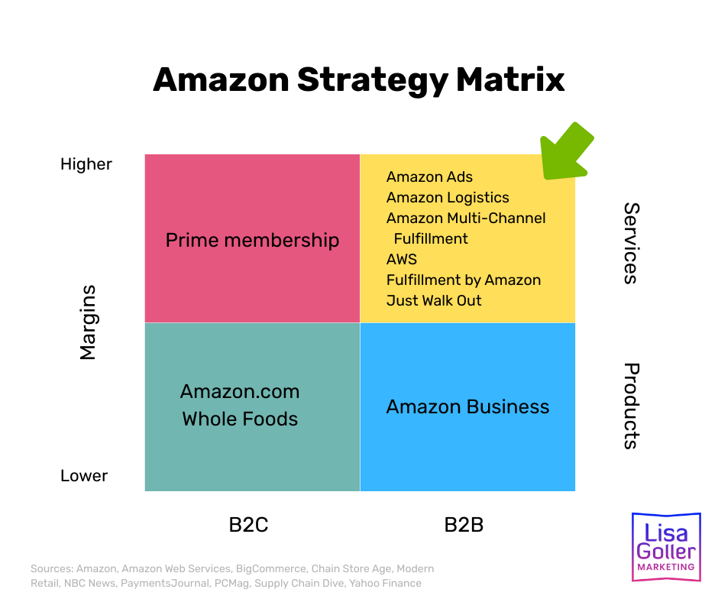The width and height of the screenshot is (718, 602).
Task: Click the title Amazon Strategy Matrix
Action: (x=358, y=79)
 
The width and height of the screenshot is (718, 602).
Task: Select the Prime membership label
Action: (x=252, y=241)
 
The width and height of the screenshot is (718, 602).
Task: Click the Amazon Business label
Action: (x=467, y=406)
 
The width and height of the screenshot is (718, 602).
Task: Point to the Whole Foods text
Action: (x=240, y=419)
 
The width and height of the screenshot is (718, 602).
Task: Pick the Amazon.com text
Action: (x=240, y=392)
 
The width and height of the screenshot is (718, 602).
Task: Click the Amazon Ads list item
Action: (x=429, y=177)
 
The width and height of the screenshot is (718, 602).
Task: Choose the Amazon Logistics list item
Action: (x=448, y=198)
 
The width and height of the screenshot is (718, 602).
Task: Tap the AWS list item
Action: (x=402, y=260)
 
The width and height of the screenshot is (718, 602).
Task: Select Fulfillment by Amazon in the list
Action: (x=464, y=280)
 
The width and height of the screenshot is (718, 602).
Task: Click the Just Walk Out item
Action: (x=434, y=301)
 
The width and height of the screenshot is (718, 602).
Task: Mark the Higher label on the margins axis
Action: (x=86, y=164)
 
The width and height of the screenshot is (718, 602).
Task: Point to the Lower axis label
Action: (x=84, y=476)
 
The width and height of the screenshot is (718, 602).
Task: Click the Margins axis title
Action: (x=89, y=322)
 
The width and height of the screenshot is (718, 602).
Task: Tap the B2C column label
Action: (x=248, y=525)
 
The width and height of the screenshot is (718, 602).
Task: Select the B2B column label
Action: (x=464, y=525)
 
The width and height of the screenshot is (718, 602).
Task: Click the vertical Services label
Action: (x=630, y=243)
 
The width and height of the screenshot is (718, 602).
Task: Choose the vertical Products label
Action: (x=630, y=406)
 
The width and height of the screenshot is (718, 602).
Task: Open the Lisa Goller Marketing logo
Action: (x=665, y=546)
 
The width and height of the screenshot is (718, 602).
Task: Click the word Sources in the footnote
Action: (x=52, y=569)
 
